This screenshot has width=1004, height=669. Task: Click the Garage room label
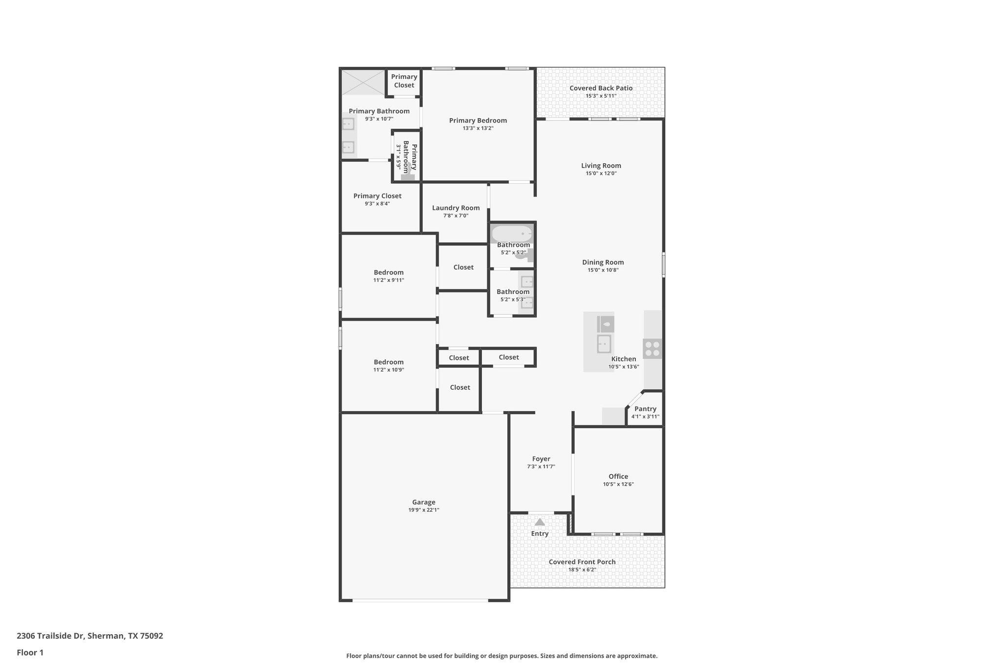424,502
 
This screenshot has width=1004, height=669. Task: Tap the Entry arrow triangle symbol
540,522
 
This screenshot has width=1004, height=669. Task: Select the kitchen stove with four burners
653,348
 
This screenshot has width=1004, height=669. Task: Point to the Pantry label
645,409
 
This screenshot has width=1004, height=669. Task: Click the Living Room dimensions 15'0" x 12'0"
601,173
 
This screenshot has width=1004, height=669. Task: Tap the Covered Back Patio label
601,88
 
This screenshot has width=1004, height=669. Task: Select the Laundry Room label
455,208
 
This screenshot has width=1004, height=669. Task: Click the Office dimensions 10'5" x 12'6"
618,484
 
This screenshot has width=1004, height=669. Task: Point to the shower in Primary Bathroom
363,82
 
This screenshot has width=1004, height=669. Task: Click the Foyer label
541,459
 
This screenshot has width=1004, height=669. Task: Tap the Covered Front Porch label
582,562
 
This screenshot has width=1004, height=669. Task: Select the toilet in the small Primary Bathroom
406,176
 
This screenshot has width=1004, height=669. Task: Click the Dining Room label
602,262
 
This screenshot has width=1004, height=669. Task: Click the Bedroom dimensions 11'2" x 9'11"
389,280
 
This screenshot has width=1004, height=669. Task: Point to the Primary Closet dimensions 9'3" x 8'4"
377,204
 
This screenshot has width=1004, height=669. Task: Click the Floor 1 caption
30,652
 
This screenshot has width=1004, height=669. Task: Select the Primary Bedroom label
478,121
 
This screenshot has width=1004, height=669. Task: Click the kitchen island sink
604,344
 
